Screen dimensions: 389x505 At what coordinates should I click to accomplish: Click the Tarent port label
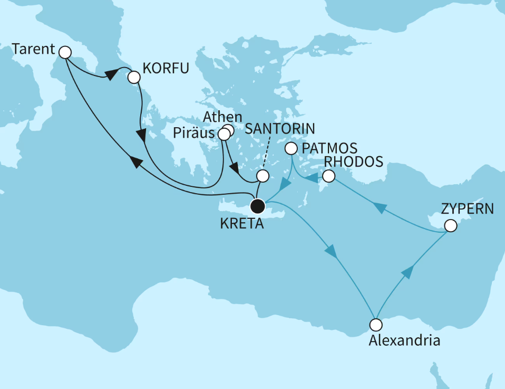[x=33, y=50]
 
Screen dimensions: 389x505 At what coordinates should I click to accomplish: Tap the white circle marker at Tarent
[x=65, y=52]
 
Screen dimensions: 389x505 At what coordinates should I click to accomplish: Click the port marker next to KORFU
[x=134, y=78]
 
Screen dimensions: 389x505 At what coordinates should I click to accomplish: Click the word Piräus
[x=195, y=131]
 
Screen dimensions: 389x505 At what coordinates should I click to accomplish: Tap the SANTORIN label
[x=281, y=128]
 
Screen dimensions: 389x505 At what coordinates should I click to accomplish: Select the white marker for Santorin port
[x=262, y=176]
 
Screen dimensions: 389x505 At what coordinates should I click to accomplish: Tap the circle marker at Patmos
[x=290, y=149]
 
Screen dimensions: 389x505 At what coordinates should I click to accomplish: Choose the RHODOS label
[x=354, y=162]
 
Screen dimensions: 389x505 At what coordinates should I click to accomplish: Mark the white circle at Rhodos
[x=329, y=176]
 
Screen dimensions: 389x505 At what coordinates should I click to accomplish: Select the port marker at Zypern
[x=450, y=226]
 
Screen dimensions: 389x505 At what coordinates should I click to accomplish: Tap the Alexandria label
[x=404, y=340]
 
